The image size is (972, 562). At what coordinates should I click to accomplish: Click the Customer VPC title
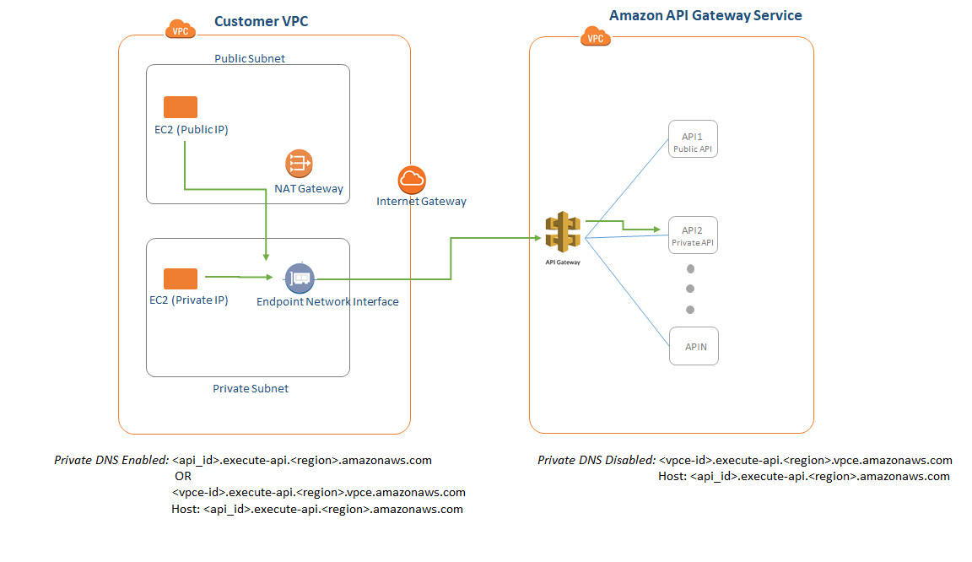click(x=261, y=21)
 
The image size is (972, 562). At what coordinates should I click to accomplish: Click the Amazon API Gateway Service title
click(x=705, y=15)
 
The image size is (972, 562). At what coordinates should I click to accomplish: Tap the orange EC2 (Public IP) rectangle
click(x=181, y=107)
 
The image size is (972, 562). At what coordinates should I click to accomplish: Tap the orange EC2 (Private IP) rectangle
click(x=181, y=279)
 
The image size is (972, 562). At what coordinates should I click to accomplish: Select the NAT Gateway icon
click(x=299, y=164)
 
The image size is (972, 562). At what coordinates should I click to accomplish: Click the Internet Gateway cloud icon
click(x=412, y=179)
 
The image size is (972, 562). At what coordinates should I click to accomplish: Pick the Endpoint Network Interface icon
click(x=299, y=278)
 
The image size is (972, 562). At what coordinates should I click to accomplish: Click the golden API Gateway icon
click(x=563, y=232)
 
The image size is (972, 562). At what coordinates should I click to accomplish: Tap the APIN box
click(x=694, y=346)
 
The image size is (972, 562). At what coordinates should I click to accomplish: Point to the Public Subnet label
click(x=249, y=58)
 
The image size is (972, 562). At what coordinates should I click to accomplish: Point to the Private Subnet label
click(x=250, y=388)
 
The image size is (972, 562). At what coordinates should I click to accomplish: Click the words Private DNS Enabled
click(x=111, y=460)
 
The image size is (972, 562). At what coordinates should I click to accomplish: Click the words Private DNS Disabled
click(x=596, y=460)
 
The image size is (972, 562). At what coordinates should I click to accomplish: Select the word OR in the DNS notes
click(x=182, y=476)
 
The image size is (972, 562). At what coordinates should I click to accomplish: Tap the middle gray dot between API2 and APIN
click(x=690, y=289)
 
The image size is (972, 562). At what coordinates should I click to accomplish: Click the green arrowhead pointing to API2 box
click(x=656, y=229)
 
